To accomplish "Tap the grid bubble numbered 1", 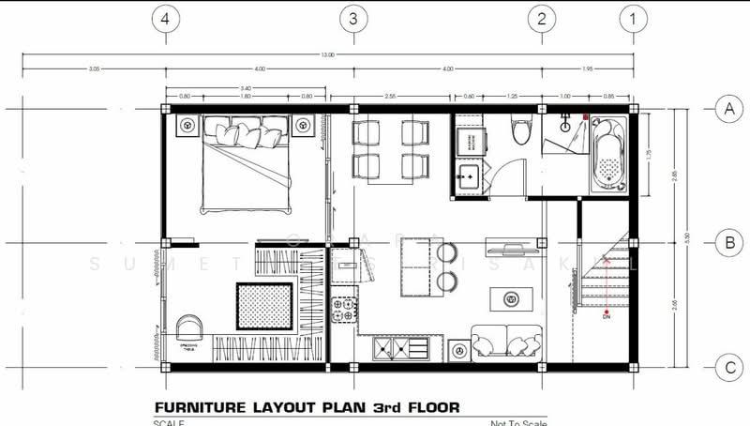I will (635, 17).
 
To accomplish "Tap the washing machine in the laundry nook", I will (468, 142).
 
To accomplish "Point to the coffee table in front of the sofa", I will (511, 299).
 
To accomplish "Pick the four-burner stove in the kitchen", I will (346, 308).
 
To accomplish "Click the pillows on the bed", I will (246, 132).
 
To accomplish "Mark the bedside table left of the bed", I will (186, 126).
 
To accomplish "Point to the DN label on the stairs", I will (607, 317).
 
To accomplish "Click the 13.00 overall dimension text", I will (327, 56).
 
